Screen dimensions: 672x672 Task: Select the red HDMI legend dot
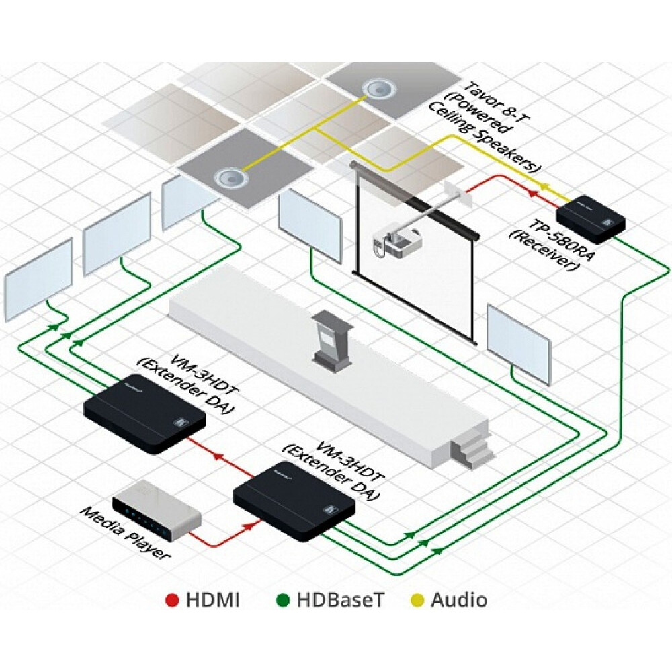[172, 600]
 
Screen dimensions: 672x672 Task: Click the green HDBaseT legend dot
[283, 600]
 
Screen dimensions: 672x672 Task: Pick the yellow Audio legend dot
[416, 600]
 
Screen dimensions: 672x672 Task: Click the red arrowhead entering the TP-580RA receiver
[533, 193]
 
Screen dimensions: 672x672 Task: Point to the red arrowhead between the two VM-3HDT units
[217, 456]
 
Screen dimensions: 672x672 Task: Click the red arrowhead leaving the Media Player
[247, 526]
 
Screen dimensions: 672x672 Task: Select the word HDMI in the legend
[212, 600]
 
